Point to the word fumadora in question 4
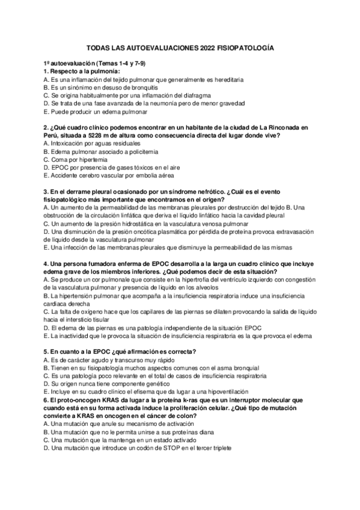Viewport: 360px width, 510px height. pyautogui.click(x=90, y=263)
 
